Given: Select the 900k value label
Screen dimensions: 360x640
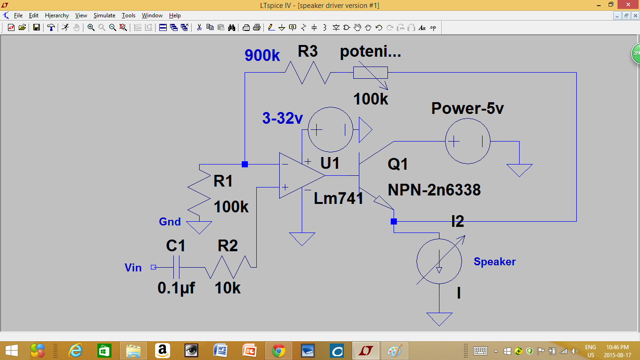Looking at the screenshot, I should point(262,56).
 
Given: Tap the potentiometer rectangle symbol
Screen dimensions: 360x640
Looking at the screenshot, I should point(370,73).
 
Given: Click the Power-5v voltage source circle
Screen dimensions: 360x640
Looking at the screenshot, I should point(468,141).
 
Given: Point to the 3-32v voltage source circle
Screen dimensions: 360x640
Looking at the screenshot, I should point(330,130).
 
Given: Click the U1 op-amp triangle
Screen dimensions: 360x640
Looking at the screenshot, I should point(300,175).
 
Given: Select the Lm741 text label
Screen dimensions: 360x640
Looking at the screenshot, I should point(339,198).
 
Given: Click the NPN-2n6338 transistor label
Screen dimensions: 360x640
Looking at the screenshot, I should point(434,189).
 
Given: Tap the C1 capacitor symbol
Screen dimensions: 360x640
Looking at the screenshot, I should point(176,267).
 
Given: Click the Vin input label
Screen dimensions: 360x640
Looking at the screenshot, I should point(133,268).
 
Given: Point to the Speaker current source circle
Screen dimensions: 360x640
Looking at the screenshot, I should point(439,261).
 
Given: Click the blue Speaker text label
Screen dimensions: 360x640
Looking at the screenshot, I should point(494,262).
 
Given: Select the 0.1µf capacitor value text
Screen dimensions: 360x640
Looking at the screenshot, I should point(176,288).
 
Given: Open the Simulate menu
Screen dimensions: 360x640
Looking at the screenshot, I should point(104,15).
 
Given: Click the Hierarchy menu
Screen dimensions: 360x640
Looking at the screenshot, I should point(57,15).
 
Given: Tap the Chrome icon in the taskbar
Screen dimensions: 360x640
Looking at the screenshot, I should point(279,351).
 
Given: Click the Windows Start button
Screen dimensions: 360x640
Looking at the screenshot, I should point(11,351).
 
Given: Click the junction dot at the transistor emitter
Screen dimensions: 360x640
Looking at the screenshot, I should point(394,221).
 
